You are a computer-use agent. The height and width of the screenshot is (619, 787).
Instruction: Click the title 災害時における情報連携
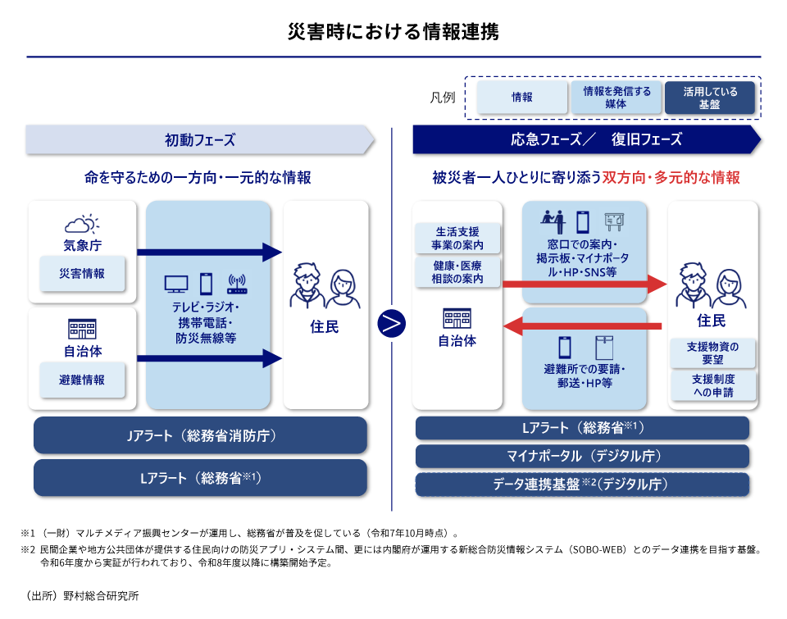tap(393, 32)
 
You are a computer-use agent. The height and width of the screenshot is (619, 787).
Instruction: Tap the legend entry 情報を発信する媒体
tap(616, 98)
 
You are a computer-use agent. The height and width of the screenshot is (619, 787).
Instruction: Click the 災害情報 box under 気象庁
tap(82, 274)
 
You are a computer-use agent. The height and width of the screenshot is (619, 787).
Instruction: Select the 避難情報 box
tap(82, 380)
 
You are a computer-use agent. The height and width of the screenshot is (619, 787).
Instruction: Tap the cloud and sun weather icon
tap(82, 224)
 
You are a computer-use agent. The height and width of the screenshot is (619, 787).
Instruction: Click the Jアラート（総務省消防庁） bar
tap(200, 435)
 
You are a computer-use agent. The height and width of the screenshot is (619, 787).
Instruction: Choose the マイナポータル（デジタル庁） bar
tap(582, 456)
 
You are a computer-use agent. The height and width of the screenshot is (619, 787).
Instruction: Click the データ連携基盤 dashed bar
tap(582, 484)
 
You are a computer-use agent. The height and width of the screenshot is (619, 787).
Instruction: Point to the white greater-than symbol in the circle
tap(391, 324)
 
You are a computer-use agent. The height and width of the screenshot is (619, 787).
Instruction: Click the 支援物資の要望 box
tap(712, 353)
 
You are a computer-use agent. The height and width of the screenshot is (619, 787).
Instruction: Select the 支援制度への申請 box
tap(712, 386)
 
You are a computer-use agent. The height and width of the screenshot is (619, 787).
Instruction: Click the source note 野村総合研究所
tap(77, 595)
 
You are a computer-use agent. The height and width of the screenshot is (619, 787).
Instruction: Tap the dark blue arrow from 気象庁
tap(209, 252)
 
